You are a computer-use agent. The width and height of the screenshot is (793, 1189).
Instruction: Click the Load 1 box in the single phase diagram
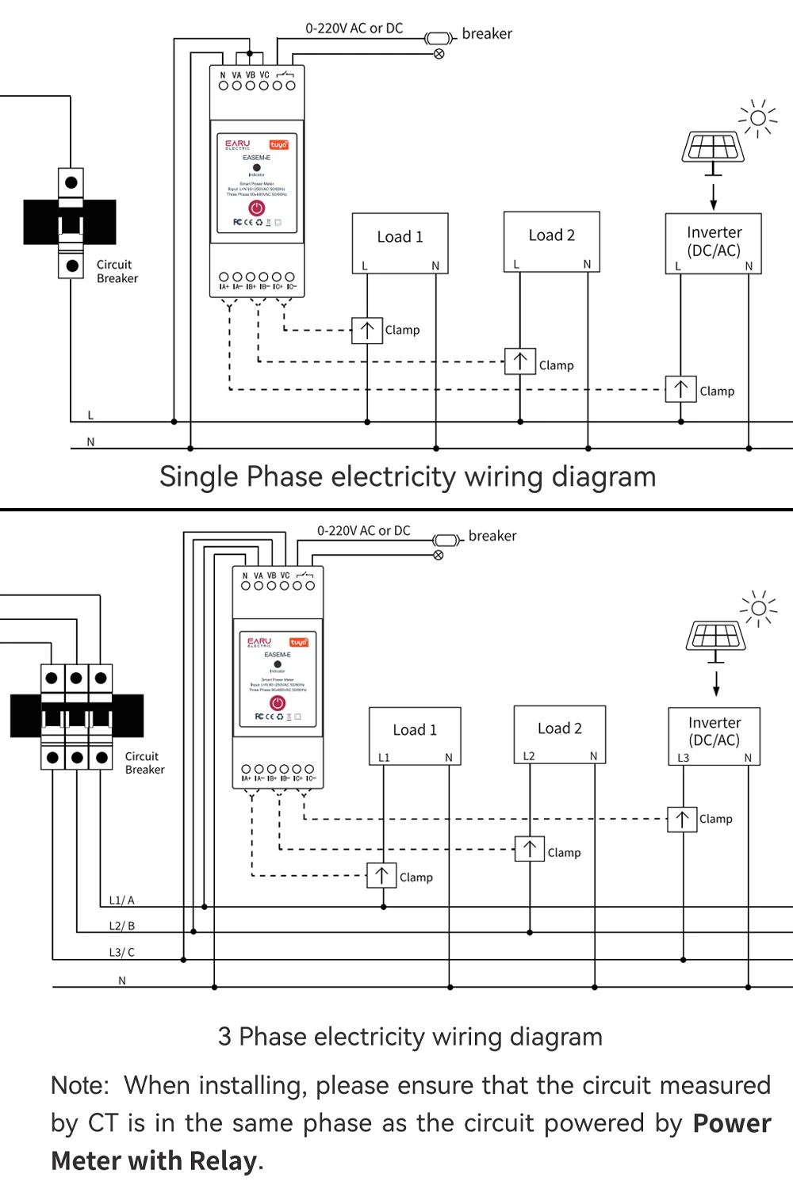pyautogui.click(x=400, y=243)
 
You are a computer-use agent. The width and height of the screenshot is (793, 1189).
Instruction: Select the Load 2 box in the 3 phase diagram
pyautogui.click(x=560, y=734)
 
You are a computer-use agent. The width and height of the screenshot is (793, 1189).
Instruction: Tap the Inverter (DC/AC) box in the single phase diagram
pyautogui.click(x=713, y=243)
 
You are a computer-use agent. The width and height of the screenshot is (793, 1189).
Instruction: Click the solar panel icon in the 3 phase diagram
pyautogui.click(x=716, y=636)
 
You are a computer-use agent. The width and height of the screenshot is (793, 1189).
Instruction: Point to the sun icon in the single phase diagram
pyautogui.click(x=757, y=118)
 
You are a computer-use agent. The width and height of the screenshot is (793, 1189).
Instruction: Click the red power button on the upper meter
pyautogui.click(x=256, y=208)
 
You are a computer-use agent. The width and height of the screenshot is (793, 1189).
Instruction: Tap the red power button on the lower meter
pyautogui.click(x=278, y=702)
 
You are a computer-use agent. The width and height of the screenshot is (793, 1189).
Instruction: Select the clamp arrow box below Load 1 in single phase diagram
pyautogui.click(x=367, y=331)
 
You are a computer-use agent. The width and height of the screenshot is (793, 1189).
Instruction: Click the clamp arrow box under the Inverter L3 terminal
pyautogui.click(x=682, y=819)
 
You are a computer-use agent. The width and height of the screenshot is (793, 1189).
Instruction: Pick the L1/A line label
pyautogui.click(x=121, y=900)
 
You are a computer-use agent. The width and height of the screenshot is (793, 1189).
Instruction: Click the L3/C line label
pyautogui.click(x=121, y=952)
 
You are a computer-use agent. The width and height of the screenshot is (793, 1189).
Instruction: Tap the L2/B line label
pyautogui.click(x=121, y=926)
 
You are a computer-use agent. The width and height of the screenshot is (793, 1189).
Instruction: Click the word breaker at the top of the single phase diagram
pyautogui.click(x=487, y=34)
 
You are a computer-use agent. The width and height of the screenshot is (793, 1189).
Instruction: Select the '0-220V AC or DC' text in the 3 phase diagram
pyautogui.click(x=363, y=530)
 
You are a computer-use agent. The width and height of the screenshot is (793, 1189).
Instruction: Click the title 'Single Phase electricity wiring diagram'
pyautogui.click(x=408, y=477)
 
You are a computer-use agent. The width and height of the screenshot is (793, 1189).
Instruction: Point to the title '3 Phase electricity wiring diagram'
pyautogui.click(x=410, y=1037)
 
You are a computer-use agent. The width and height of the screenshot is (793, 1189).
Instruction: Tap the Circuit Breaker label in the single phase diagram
pyautogui.click(x=117, y=271)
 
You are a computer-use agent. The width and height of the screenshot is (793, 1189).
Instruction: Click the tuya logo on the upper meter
pyautogui.click(x=278, y=145)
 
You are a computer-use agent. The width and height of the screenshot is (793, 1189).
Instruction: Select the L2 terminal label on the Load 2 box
pyautogui.click(x=529, y=756)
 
